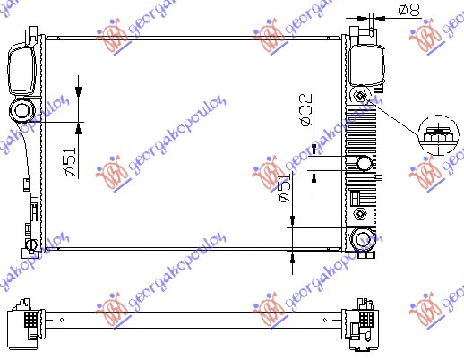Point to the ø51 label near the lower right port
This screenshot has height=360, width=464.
pyautogui.click(x=285, y=190)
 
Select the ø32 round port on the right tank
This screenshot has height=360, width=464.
pyautogui.click(x=363, y=163)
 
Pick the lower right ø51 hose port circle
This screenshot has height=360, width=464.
pyautogui.click(x=363, y=238)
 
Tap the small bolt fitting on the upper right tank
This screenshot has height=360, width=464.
pyautogui.click(x=360, y=96)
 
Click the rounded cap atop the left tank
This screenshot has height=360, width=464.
pyautogui.click(x=21, y=64)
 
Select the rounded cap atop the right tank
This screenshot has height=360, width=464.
pyautogui.click(x=365, y=63)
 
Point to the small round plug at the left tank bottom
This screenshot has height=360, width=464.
pyautogui.click(x=30, y=243)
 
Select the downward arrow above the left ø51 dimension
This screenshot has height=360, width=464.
pyautogui.click(x=79, y=90)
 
